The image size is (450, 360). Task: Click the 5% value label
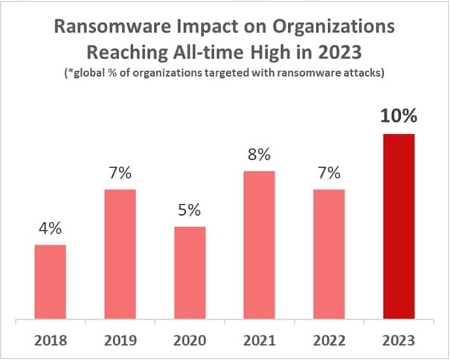point(190,210)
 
